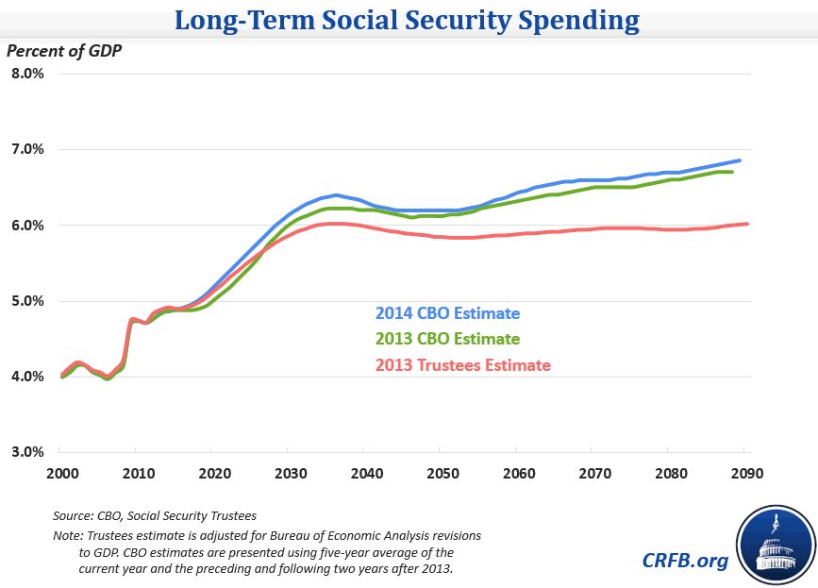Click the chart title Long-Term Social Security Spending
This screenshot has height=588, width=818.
[x=408, y=20]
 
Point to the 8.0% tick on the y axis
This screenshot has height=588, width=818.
[x=27, y=74]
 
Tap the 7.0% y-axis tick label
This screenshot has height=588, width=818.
[x=27, y=149]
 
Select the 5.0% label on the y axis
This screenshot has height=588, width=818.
[x=27, y=301]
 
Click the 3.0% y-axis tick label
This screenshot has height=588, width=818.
[x=27, y=452]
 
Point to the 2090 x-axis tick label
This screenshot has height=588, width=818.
[x=745, y=473]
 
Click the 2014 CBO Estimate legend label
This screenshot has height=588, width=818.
[x=447, y=313]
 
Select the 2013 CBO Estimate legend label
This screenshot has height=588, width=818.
[x=447, y=339]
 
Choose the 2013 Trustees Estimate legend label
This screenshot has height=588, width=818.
[x=462, y=364]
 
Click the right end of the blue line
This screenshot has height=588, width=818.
[x=740, y=160]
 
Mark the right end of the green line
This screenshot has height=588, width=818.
[x=733, y=173]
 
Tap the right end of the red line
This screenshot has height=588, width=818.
[x=747, y=224]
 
